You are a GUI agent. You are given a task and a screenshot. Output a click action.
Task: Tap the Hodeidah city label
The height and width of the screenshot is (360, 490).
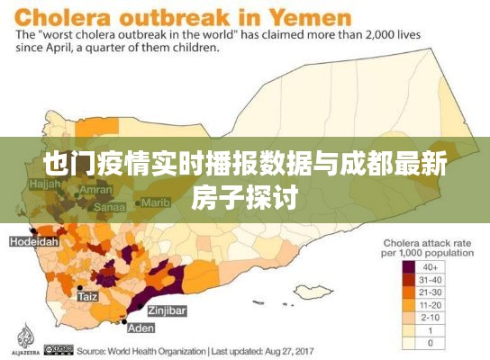33,241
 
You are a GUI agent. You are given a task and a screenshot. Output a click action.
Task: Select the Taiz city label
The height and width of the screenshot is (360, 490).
87,296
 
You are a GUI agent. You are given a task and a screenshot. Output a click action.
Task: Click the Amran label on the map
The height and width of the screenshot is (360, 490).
96,191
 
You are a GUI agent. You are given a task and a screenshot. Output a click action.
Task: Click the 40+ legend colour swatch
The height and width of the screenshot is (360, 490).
409,266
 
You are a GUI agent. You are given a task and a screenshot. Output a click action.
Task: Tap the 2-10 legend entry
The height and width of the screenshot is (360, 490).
429,317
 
